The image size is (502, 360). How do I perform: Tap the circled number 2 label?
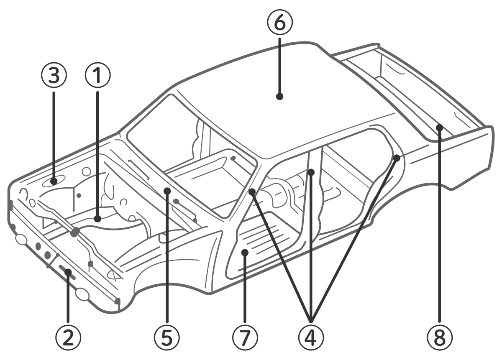point(69,337)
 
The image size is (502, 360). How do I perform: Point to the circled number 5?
point(166,337)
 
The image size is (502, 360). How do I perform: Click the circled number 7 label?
point(245,337)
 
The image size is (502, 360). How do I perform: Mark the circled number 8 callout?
point(439,337)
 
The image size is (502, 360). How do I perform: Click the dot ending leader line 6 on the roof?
point(280,97)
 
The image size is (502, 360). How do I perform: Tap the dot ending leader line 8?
point(439,127)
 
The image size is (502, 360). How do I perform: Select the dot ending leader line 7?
point(246,252)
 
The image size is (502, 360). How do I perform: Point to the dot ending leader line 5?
point(167,191)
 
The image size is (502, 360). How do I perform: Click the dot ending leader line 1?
point(97,218)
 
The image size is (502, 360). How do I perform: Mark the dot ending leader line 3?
point(54,181)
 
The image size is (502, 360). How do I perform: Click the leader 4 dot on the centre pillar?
point(311,171)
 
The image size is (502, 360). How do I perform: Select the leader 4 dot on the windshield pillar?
point(252,192)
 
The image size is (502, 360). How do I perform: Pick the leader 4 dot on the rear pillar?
point(397,158)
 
